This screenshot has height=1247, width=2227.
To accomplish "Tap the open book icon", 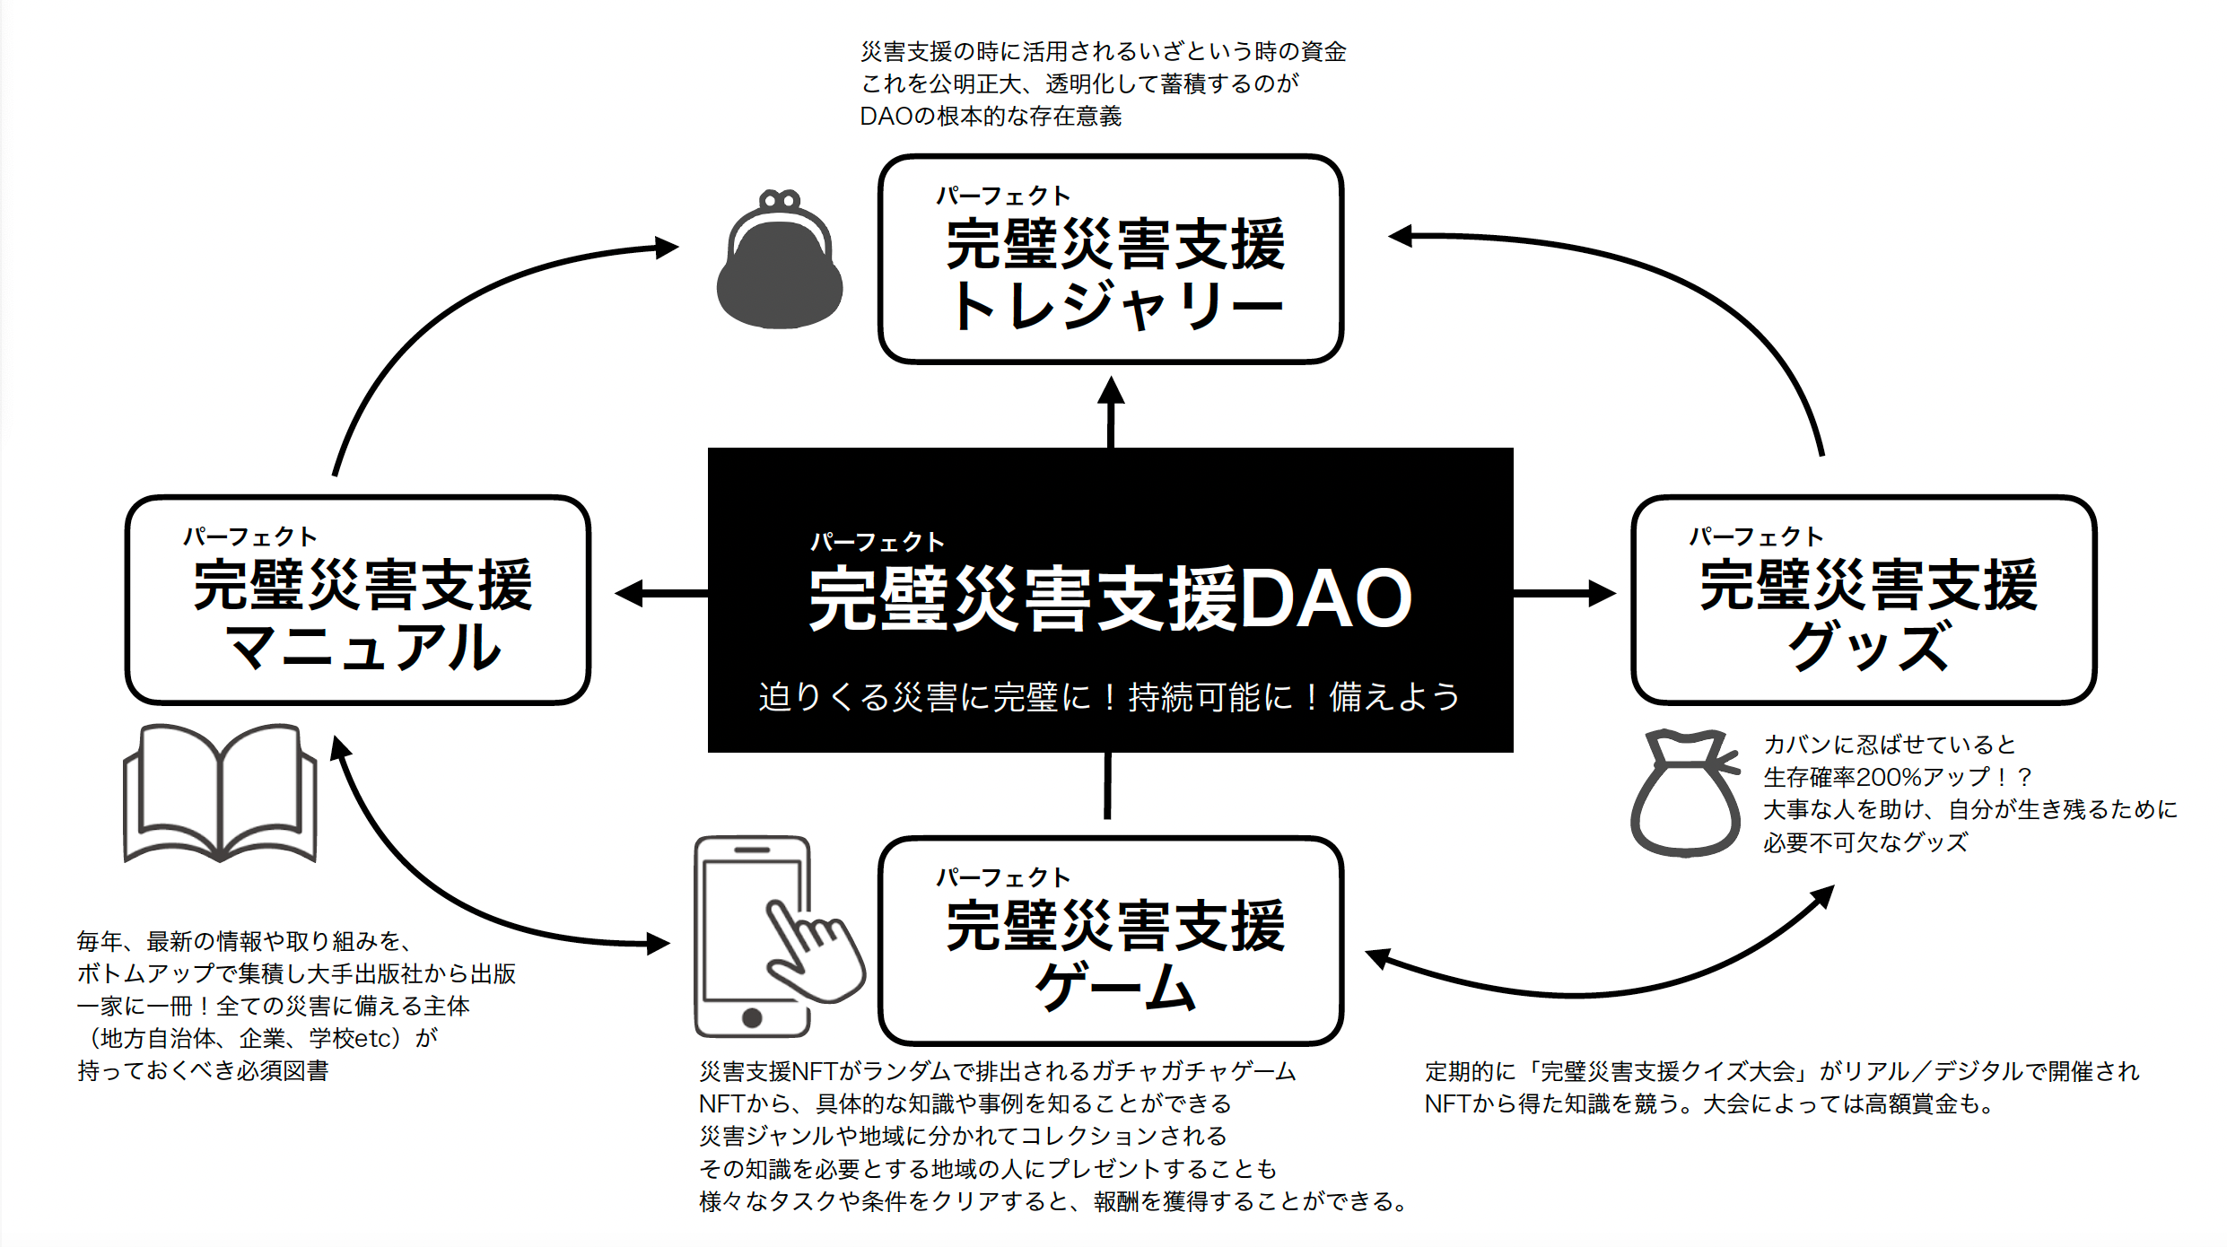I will coord(220,794).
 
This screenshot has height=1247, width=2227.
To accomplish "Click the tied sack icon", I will coord(1683,794).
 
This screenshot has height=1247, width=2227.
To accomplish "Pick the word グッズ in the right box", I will coord(1868,646).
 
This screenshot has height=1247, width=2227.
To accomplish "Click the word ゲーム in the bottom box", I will coord(1114,987).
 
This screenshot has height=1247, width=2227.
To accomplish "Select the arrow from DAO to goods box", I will coord(1565,593).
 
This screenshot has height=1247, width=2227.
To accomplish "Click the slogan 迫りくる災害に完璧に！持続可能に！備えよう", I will coord(1109,697).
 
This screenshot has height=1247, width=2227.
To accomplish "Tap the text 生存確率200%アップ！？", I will coord(1897,777).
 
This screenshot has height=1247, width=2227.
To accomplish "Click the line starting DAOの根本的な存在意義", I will coord(991,117).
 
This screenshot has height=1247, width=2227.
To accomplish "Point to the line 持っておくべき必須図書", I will coord(203,1071).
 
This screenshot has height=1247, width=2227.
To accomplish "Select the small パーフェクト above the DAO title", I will coord(877,542).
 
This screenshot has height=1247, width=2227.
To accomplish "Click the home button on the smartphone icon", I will coord(752,1017).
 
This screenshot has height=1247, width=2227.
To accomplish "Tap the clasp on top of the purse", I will coord(779,199).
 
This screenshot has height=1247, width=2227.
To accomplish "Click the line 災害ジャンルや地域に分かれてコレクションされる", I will coord(963,1137).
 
